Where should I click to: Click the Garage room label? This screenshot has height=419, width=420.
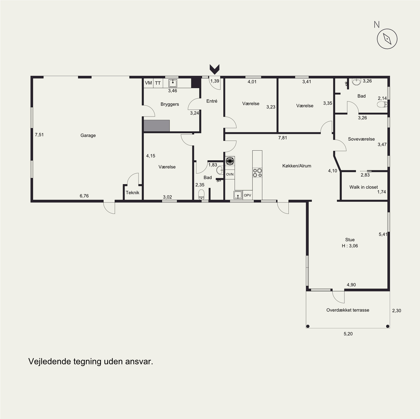[x=88, y=135]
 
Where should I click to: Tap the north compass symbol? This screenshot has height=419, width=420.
[x=387, y=39]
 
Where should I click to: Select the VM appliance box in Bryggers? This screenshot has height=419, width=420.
[x=148, y=83]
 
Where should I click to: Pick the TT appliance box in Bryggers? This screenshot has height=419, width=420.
[x=158, y=83]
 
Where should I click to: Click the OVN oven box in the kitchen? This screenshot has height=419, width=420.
[x=230, y=174]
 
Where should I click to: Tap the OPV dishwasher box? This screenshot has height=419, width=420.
[x=247, y=195]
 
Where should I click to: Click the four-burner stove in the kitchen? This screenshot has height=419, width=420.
[x=257, y=173]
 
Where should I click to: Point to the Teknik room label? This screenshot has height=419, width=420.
[x=133, y=193]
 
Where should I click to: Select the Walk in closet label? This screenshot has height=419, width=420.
[x=364, y=187]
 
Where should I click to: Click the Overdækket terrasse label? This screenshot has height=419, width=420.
[x=348, y=310]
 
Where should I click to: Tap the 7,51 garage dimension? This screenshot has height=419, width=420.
[x=39, y=135]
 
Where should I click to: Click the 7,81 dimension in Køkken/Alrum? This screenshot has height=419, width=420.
[x=283, y=138]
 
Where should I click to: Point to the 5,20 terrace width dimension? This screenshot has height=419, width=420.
[x=348, y=334]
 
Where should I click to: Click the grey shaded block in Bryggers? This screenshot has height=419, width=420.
[x=157, y=125]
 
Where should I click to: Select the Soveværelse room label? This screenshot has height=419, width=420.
[x=361, y=139]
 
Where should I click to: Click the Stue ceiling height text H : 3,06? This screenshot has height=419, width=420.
[x=350, y=246]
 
